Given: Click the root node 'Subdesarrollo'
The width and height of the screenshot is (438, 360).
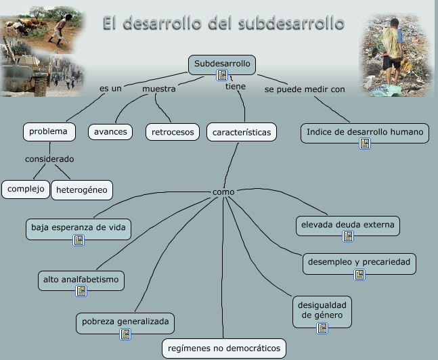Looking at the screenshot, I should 222,64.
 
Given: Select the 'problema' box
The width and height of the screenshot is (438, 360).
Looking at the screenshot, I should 48,131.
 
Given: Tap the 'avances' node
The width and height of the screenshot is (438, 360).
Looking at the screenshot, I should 110,131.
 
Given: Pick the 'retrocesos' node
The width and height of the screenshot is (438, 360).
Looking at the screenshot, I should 173,131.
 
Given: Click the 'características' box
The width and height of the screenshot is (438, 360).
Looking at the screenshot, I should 241,132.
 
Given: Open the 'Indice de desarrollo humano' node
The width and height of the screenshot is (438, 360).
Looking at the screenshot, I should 365,132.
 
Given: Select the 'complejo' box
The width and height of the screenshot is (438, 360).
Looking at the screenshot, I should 26,189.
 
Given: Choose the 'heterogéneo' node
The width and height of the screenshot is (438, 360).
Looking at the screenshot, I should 82,189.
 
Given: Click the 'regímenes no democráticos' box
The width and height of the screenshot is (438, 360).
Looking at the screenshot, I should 224,348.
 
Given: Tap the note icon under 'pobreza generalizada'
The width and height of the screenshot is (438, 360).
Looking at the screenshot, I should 125,334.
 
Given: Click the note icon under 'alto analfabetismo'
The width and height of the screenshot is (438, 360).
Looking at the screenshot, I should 81,291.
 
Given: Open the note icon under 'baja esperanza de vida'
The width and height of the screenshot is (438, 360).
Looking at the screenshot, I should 79,240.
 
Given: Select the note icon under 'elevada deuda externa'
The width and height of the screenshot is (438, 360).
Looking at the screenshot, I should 348,236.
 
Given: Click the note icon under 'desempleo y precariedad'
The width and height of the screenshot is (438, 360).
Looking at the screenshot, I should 359,274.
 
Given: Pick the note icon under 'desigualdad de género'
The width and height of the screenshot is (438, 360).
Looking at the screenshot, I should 322,328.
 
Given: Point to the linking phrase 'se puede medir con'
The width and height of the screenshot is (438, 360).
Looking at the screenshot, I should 305,89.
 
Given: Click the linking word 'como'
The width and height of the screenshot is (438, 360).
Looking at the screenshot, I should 223,192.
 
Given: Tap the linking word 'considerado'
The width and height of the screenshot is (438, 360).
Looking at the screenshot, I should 49,159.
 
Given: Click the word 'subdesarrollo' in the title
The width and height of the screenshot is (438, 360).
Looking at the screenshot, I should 292,24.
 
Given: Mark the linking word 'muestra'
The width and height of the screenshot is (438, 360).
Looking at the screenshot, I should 159,89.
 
